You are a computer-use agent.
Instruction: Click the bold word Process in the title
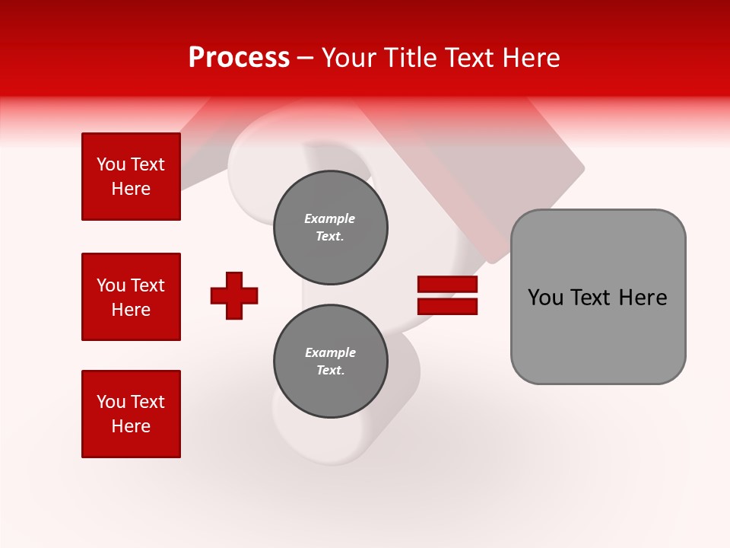pyautogui.click(x=239, y=58)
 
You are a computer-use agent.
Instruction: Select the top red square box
pyautogui.click(x=131, y=177)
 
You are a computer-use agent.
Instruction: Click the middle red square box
pyautogui.click(x=131, y=297)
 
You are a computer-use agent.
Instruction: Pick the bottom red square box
pyautogui.click(x=131, y=414)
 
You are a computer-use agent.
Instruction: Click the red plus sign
pyautogui.click(x=234, y=295)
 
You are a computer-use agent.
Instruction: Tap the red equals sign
pyautogui.click(x=447, y=295)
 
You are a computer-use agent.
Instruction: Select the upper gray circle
pyautogui.click(x=330, y=228)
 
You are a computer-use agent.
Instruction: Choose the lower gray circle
pyautogui.click(x=330, y=362)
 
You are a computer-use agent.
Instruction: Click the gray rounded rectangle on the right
pyautogui.click(x=598, y=297)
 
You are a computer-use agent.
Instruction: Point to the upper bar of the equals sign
pyautogui.click(x=447, y=284)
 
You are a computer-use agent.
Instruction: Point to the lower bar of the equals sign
pyautogui.click(x=447, y=307)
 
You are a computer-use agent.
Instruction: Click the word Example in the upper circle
pyautogui.click(x=329, y=218)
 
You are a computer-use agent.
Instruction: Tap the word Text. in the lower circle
pyautogui.click(x=330, y=371)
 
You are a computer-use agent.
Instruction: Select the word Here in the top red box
pyautogui.click(x=131, y=189)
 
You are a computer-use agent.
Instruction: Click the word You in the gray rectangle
pyautogui.click(x=546, y=298)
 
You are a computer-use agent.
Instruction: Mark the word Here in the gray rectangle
pyautogui.click(x=643, y=298)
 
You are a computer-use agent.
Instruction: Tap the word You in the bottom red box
pyautogui.click(x=111, y=402)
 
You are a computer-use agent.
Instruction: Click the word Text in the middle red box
pyautogui.click(x=148, y=285)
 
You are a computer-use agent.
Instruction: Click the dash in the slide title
pyautogui.click(x=306, y=58)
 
